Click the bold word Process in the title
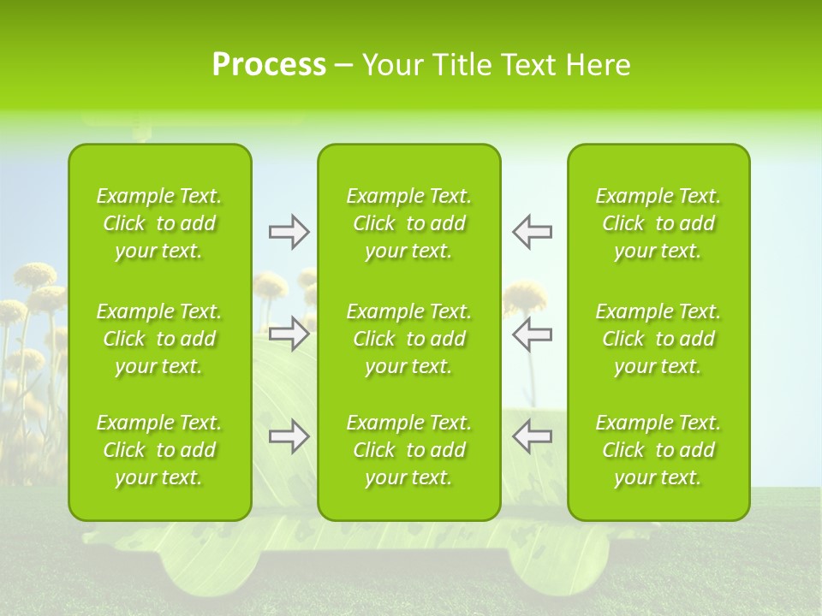(269, 65)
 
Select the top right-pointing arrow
(289, 232)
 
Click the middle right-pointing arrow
(289, 333)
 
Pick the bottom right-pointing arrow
(289, 436)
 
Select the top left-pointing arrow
(532, 232)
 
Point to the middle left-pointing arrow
(532, 333)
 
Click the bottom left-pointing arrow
(532, 436)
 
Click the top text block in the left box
(159, 223)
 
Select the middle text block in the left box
(159, 339)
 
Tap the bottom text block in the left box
(159, 450)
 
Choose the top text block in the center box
(408, 223)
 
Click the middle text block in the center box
(408, 339)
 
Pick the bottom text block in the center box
(408, 450)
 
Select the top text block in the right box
(658, 223)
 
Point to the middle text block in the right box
(658, 339)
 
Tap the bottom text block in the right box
(658, 450)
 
